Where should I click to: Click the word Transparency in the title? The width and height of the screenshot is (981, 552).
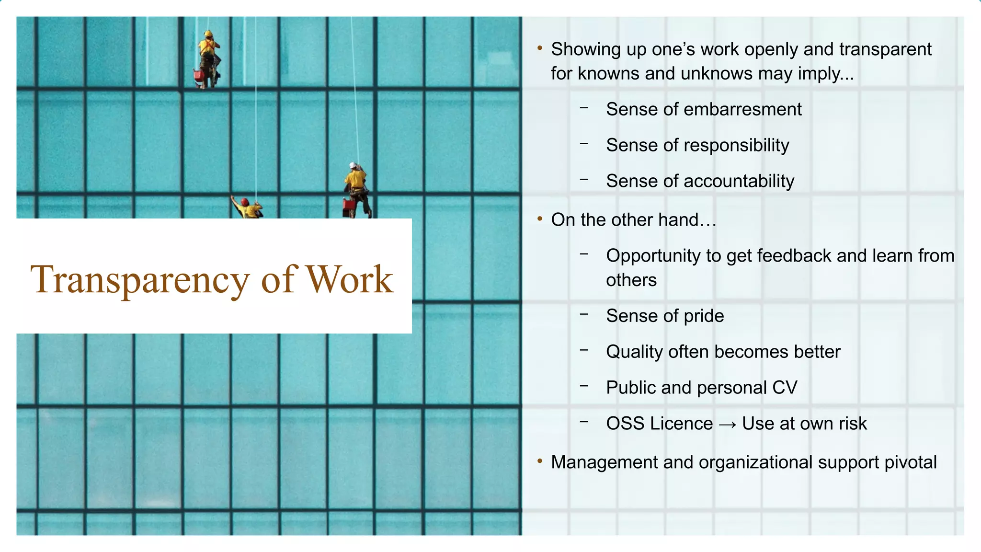click(139, 280)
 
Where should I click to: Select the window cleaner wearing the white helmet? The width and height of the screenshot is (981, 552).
click(356, 184)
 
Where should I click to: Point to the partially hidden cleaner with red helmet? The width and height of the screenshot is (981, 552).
click(247, 208)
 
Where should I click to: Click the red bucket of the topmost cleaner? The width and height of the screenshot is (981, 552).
click(197, 75)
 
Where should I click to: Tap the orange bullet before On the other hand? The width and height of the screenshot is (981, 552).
click(540, 219)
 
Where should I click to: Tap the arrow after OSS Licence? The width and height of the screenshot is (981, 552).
click(727, 424)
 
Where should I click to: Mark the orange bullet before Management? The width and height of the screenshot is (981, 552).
click(540, 461)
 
